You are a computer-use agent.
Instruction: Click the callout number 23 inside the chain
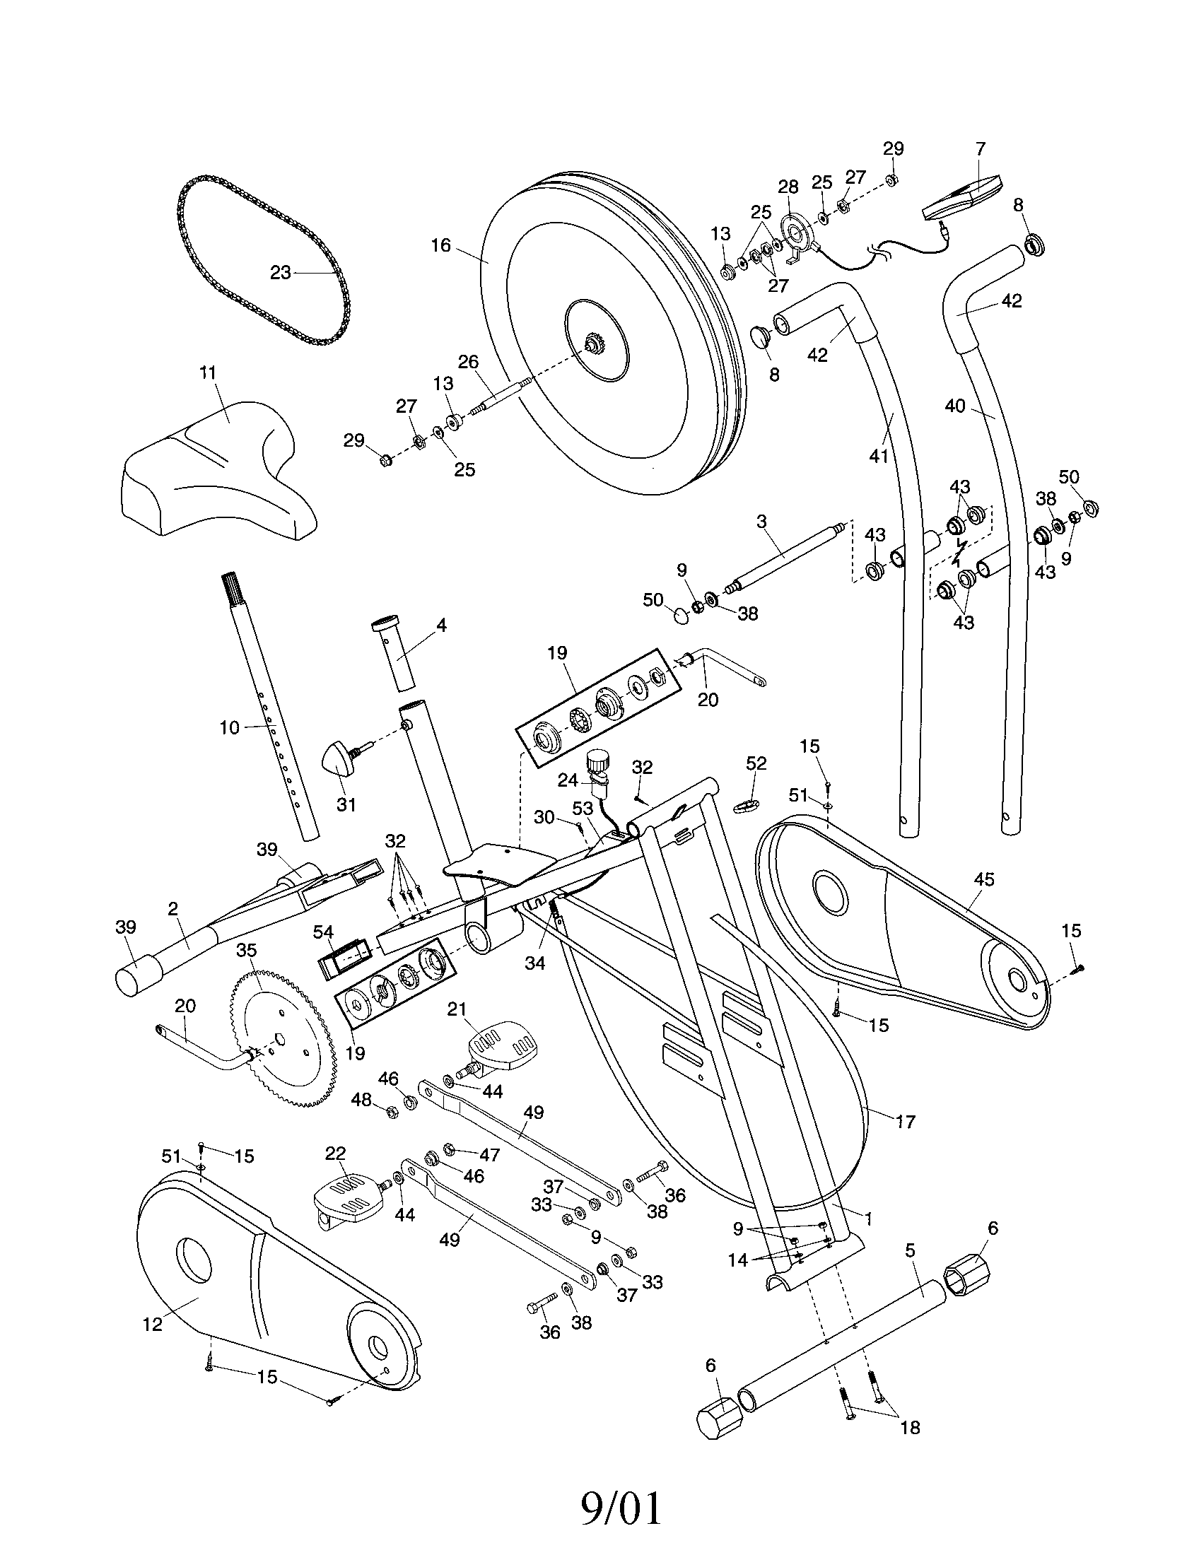pyautogui.click(x=281, y=272)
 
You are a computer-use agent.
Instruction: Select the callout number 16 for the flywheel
pyautogui.click(x=440, y=245)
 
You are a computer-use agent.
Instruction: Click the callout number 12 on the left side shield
pyautogui.click(x=153, y=1324)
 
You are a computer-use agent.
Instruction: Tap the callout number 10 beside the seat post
pyautogui.click(x=229, y=728)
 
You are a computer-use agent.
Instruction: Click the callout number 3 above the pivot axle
pyautogui.click(x=762, y=521)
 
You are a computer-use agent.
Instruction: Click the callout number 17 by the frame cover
pyautogui.click(x=905, y=1122)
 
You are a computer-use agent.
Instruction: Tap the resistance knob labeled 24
pyautogui.click(x=597, y=765)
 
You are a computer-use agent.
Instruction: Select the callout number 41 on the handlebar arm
pyautogui.click(x=879, y=455)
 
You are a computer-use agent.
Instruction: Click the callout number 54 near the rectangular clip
pyautogui.click(x=324, y=932)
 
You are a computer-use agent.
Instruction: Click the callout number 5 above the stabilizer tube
pyautogui.click(x=910, y=1250)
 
